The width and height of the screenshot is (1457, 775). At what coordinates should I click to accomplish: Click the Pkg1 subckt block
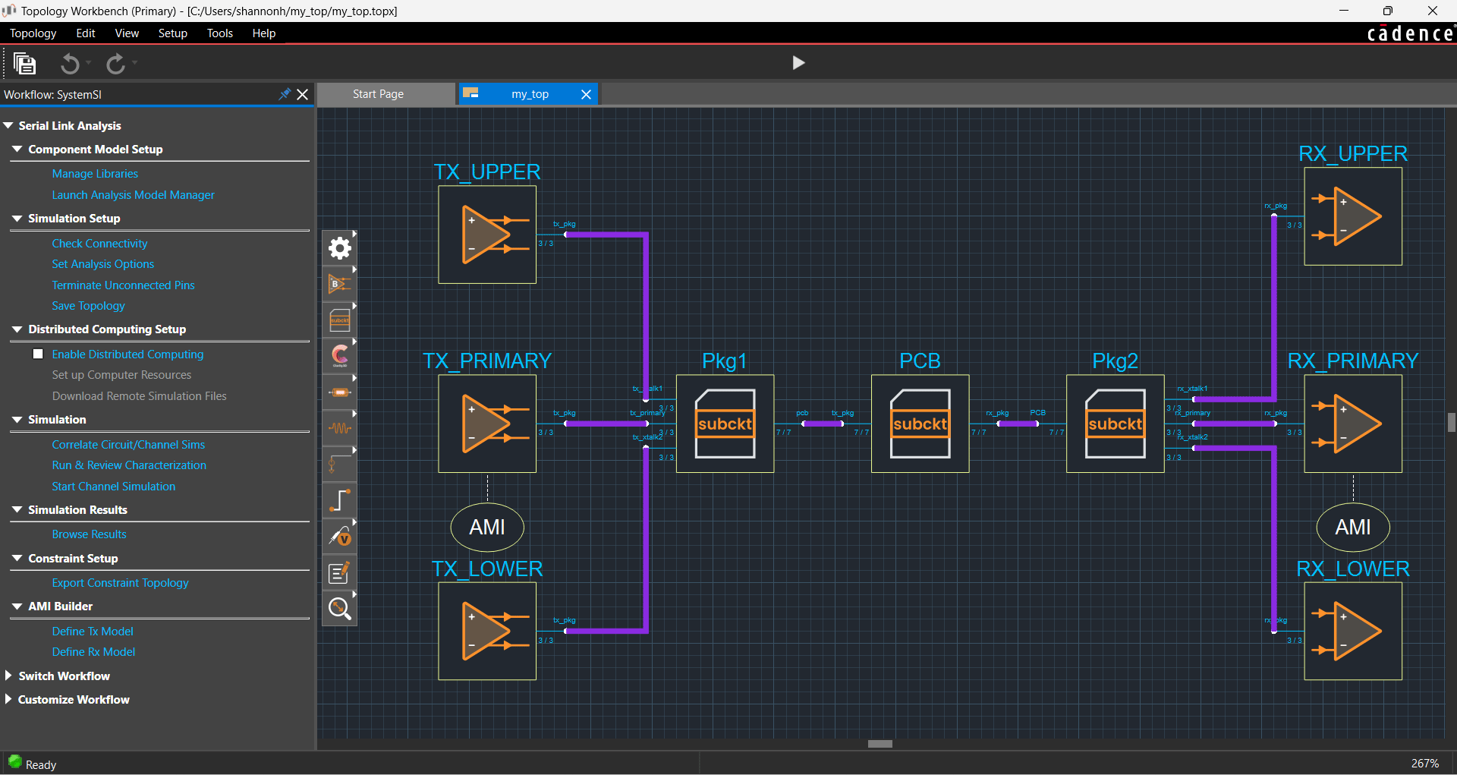(725, 424)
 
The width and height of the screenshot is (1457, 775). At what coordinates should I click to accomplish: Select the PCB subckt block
(920, 424)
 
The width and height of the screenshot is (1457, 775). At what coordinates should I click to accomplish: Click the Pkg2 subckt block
(1115, 424)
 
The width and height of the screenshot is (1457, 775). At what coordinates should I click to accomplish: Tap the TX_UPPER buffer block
(487, 235)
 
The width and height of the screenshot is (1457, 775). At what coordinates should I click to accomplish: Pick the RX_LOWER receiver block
(1352, 631)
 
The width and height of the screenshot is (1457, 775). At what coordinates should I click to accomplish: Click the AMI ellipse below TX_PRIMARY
(487, 527)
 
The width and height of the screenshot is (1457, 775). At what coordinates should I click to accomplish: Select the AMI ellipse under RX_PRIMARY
(1352, 527)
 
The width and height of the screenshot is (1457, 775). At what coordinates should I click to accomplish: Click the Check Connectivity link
(99, 244)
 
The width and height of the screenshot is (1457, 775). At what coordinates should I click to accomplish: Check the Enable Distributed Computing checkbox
(38, 354)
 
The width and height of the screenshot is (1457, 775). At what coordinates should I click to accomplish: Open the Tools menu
(219, 33)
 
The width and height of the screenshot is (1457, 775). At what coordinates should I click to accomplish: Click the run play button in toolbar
(798, 63)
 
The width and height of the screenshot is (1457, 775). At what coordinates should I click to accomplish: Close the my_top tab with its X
(586, 94)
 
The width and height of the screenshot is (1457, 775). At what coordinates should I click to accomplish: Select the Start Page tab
(378, 94)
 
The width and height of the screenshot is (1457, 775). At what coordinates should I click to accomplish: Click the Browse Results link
(89, 534)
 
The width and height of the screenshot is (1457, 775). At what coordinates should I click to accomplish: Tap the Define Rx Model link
(93, 652)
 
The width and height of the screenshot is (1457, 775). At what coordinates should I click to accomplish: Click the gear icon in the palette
(339, 248)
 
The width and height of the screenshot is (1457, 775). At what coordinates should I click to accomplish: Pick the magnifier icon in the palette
(339, 608)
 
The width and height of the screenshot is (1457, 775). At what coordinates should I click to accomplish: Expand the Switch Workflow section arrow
(8, 676)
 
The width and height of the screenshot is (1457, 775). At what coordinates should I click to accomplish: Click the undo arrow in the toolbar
(70, 64)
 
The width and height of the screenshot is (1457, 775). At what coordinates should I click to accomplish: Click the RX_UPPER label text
(1352, 154)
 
